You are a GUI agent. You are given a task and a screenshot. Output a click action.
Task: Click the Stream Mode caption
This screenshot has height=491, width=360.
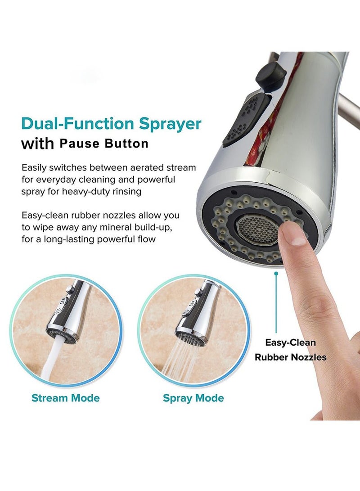(x=66, y=398)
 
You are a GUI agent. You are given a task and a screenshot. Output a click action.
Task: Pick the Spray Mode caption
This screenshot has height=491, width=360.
(x=193, y=398)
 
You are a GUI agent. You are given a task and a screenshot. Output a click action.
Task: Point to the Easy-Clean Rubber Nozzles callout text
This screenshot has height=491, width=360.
(x=291, y=350)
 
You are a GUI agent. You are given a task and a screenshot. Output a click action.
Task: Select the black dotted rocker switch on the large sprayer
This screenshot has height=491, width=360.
(x=241, y=120)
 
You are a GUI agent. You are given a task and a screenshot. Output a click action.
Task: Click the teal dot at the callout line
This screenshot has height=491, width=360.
(x=276, y=273)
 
